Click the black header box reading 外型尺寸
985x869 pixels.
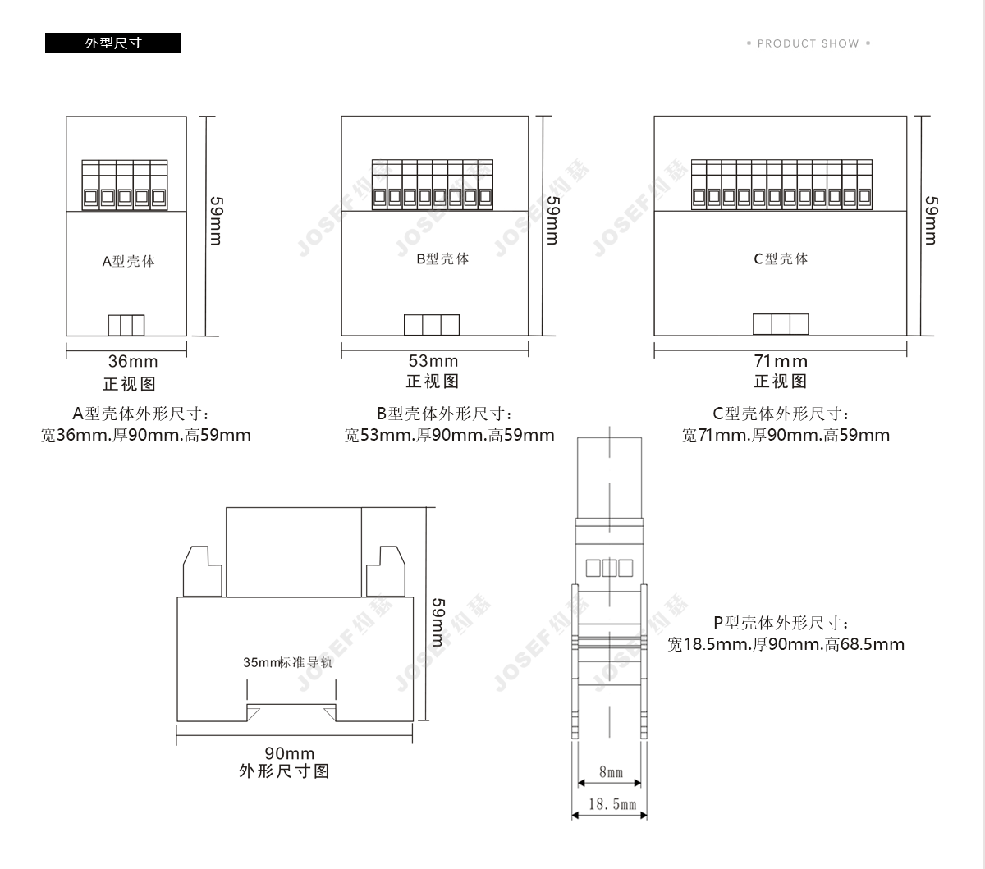pos(112,43)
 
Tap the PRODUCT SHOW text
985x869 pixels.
pos(808,43)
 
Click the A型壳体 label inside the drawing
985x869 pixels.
pos(128,261)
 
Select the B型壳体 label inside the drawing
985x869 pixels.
pos(442,258)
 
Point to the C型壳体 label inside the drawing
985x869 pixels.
pos(781,258)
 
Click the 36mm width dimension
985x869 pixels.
pos(133,361)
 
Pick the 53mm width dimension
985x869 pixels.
pos(433,360)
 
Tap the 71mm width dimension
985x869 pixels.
pos(781,361)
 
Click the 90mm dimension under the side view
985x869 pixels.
pos(289,752)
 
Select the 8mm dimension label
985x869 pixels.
pos(611,772)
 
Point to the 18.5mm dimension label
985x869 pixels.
pos(612,804)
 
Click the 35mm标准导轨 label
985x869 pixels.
pos(288,662)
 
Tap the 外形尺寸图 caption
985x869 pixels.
pos(284,771)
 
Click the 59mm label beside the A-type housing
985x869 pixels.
pos(216,221)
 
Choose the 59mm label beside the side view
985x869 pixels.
pos(438,622)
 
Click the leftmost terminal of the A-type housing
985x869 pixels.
pos(90,185)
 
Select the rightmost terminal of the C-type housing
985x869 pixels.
pos(864,185)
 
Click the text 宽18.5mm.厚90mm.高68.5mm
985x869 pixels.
pos(786,644)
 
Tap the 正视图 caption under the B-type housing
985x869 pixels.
pos(433,382)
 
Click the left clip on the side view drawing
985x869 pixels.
pos(202,571)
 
